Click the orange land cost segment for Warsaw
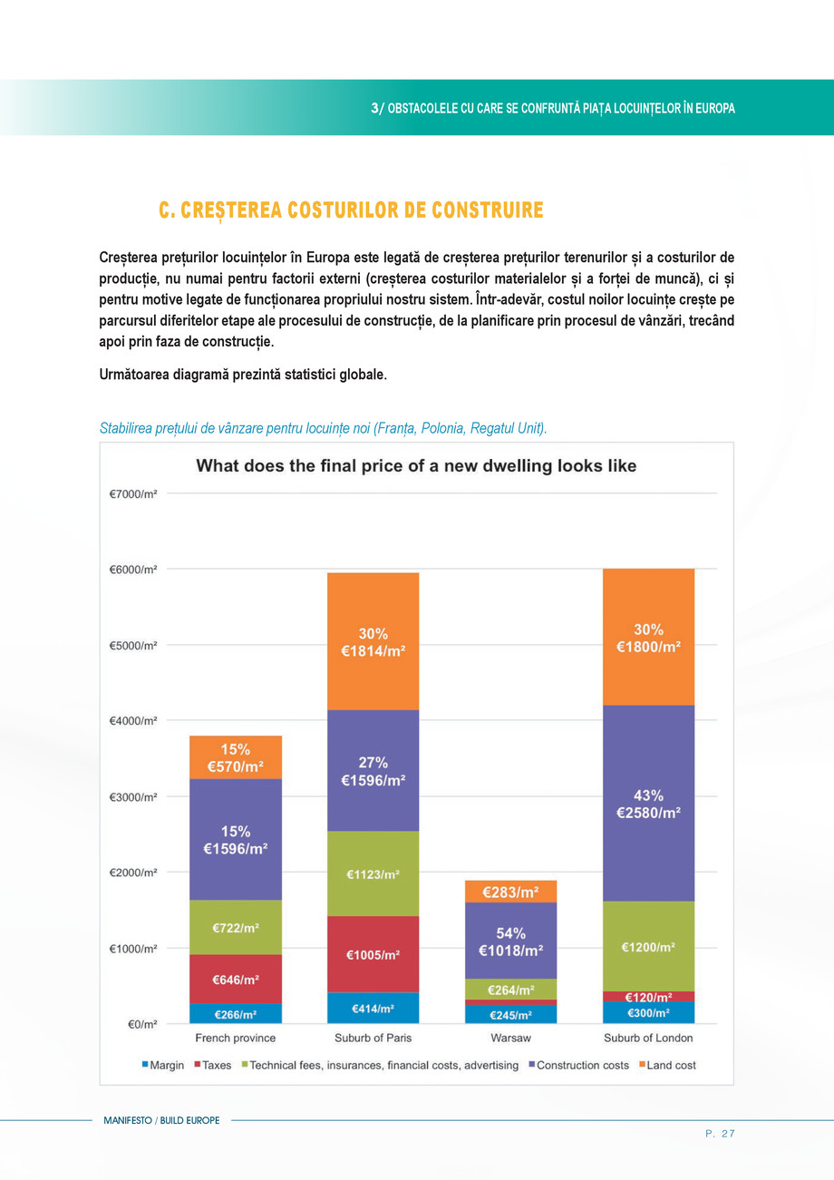tap(510, 892)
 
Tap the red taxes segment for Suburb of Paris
tap(373, 954)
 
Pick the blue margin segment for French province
tap(235, 1014)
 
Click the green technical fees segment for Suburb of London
tap(648, 946)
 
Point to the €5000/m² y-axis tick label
tap(133, 645)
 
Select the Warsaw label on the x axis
tap(510, 1038)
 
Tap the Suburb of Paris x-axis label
tap(373, 1038)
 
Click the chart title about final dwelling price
tap(416, 466)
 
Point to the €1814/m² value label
tap(373, 650)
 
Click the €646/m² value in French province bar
tap(236, 980)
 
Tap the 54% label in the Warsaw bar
tap(510, 932)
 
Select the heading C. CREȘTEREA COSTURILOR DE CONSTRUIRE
tap(351, 210)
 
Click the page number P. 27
tap(720, 1133)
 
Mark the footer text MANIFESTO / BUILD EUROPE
tap(161, 1120)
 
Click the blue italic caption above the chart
tap(323, 428)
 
